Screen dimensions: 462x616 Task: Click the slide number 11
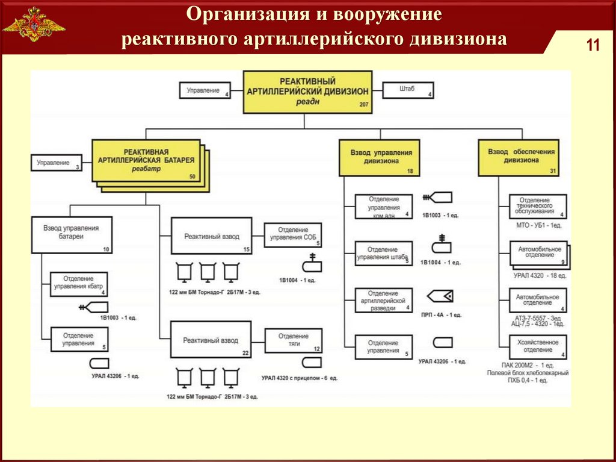[593, 46]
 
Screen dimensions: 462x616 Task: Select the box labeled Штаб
[407, 90]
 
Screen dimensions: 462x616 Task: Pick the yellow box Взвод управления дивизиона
[378, 157]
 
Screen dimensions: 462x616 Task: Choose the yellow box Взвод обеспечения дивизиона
[521, 157]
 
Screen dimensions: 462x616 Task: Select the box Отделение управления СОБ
[294, 234]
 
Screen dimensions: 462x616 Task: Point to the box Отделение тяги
[294, 340]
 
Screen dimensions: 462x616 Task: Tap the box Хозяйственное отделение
[538, 346]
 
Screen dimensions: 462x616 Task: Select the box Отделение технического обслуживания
[538, 206]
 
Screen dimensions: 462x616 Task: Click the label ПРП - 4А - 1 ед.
[441, 314]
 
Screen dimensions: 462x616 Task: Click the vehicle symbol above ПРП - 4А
[440, 296]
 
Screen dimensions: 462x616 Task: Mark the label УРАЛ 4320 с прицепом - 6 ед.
[300, 378]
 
